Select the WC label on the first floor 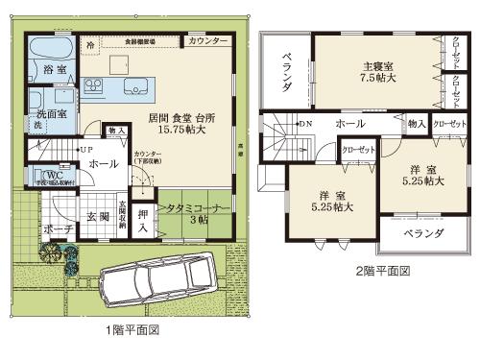45,175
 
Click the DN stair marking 305,125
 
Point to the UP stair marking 85,151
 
